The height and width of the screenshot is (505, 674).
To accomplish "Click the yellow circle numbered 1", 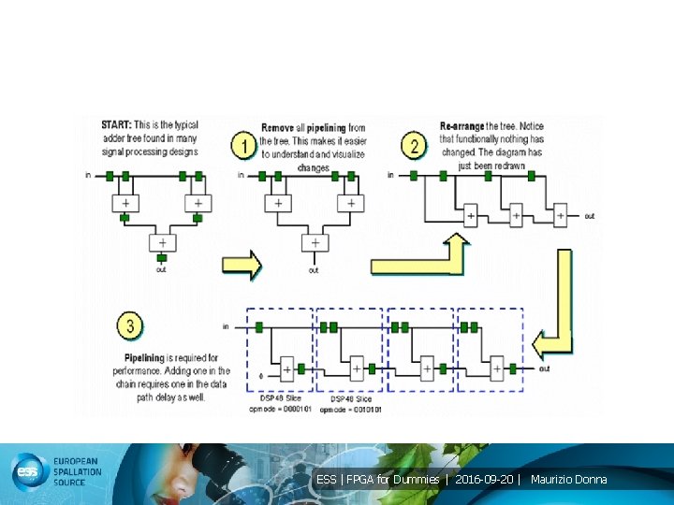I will (244, 147).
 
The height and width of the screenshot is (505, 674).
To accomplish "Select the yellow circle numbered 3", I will (130, 326).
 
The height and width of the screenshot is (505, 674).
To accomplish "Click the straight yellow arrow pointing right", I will (242, 265).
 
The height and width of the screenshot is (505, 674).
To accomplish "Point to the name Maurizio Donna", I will (568, 480).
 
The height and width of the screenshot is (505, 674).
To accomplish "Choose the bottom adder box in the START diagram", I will (162, 242).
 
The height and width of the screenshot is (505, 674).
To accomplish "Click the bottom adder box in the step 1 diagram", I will (314, 242).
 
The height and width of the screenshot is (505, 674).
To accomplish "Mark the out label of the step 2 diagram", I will (589, 216).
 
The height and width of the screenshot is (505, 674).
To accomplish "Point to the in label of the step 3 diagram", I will (226, 326).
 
